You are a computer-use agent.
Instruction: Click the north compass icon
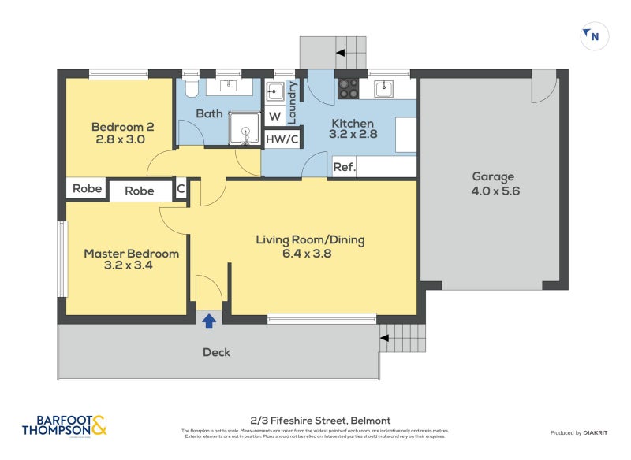(594, 35)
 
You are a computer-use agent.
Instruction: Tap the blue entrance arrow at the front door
(209, 321)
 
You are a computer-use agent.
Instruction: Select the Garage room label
(494, 184)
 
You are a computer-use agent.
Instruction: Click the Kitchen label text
(352, 123)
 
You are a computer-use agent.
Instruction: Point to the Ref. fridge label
(344, 167)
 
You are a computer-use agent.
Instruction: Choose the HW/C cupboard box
(282, 139)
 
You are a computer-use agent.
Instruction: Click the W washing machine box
(274, 117)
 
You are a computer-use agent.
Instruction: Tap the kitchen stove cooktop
(348, 88)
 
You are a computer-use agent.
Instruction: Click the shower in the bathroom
(245, 128)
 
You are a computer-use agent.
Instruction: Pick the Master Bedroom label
(131, 260)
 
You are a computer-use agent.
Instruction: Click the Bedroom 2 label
(122, 133)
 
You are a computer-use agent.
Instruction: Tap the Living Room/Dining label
(310, 247)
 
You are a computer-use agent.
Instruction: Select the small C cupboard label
(180, 189)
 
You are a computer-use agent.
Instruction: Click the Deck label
(216, 352)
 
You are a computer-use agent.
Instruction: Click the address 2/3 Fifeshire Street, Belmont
(315, 421)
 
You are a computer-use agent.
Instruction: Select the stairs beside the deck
(404, 339)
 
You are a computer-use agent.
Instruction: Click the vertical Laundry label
(292, 102)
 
